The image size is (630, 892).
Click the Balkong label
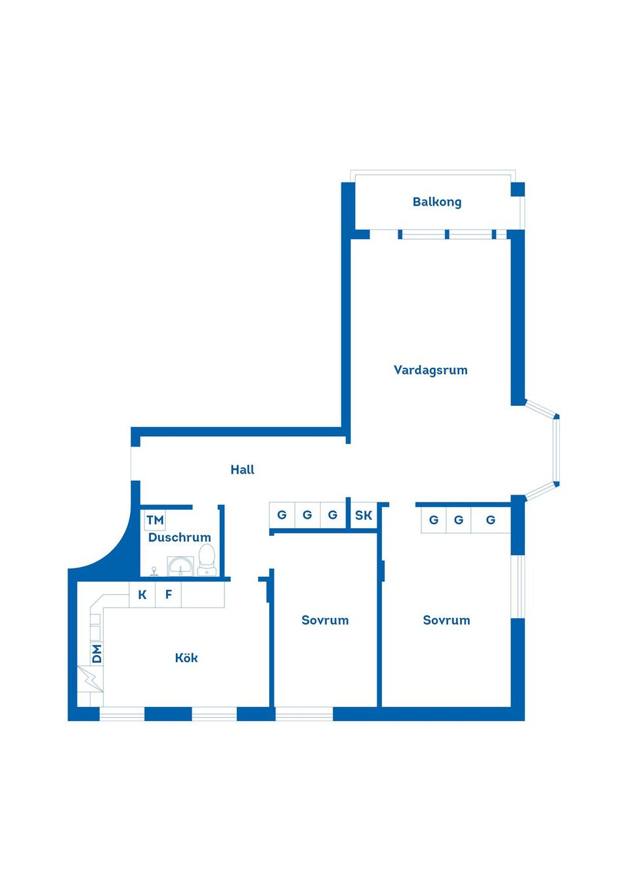pos(436,202)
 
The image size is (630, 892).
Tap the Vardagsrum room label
pos(430,370)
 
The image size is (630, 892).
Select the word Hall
pos(242,470)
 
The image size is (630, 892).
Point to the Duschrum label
pos(179,537)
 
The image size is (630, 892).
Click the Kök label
pos(186,658)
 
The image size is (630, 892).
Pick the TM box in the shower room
pos(155,520)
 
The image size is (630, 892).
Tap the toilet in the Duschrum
pos(207,560)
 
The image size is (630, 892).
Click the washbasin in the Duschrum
pos(180,566)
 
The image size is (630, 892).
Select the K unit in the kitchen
pos(142,595)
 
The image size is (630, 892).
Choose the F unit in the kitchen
pos(169,595)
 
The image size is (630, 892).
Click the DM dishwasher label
pos(96,654)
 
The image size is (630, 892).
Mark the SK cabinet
pos(364,516)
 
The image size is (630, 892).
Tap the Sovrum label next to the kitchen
pos(325,620)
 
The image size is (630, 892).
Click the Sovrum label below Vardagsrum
pos(446,620)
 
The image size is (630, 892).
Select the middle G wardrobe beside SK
pos(307,515)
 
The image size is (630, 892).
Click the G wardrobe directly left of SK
pos(333,515)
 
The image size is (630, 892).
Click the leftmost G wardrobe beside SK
pos(282,515)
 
